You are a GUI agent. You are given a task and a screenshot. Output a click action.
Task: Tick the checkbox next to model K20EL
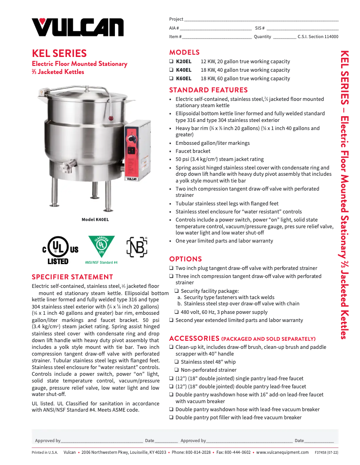171,61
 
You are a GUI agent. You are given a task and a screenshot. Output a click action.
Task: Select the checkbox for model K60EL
171,78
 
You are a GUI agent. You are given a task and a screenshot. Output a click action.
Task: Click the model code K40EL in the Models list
184,70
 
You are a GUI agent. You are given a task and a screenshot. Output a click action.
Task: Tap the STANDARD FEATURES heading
208,90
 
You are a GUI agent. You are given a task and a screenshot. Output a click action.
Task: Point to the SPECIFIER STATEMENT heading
72,277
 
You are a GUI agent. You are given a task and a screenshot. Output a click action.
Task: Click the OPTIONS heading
185,259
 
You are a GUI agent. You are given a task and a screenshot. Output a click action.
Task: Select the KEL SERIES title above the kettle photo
59,54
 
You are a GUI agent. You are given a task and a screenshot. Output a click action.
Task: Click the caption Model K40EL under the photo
95,220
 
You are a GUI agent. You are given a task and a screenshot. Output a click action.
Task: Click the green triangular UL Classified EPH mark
101,246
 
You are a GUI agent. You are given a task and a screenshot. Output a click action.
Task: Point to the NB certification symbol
137,247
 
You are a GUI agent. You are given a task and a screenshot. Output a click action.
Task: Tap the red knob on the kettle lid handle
110,118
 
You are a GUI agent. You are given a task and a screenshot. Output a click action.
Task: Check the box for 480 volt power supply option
177,312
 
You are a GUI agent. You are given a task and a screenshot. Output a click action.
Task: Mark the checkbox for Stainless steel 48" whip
177,362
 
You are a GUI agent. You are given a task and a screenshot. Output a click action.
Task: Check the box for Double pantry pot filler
171,417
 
